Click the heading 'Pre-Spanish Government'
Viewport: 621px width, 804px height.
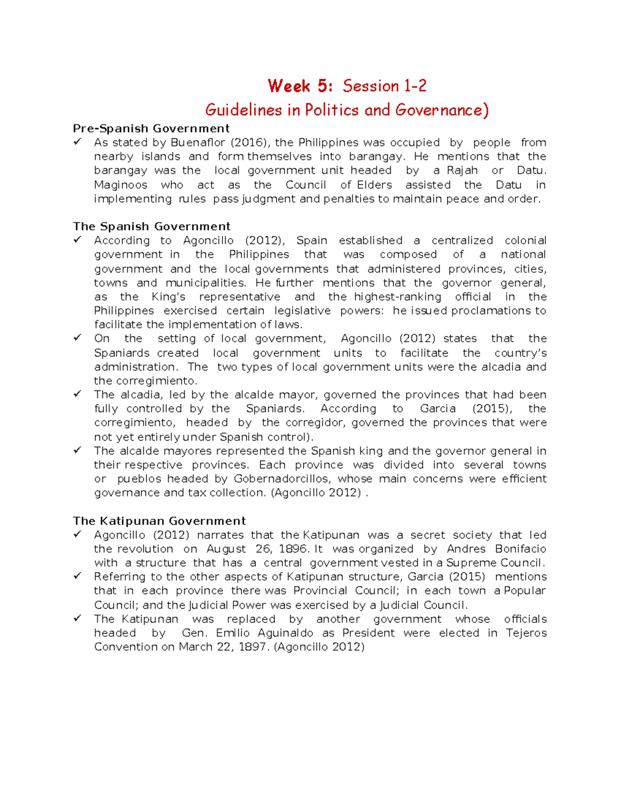[x=151, y=128]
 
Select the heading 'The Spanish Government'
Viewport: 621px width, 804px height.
[x=152, y=226]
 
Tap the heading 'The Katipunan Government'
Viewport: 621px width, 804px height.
[x=159, y=521]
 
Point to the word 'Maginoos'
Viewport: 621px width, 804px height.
[x=121, y=185]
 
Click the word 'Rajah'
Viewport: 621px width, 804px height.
[x=462, y=170]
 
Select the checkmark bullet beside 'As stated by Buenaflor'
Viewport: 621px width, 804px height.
[x=78, y=142]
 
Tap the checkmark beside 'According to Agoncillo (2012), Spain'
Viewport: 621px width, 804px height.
[x=78, y=240]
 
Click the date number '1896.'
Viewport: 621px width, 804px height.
[x=294, y=549]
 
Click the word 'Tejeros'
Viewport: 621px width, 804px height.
[x=526, y=633]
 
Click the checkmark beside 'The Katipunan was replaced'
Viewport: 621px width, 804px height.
[x=78, y=619]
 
